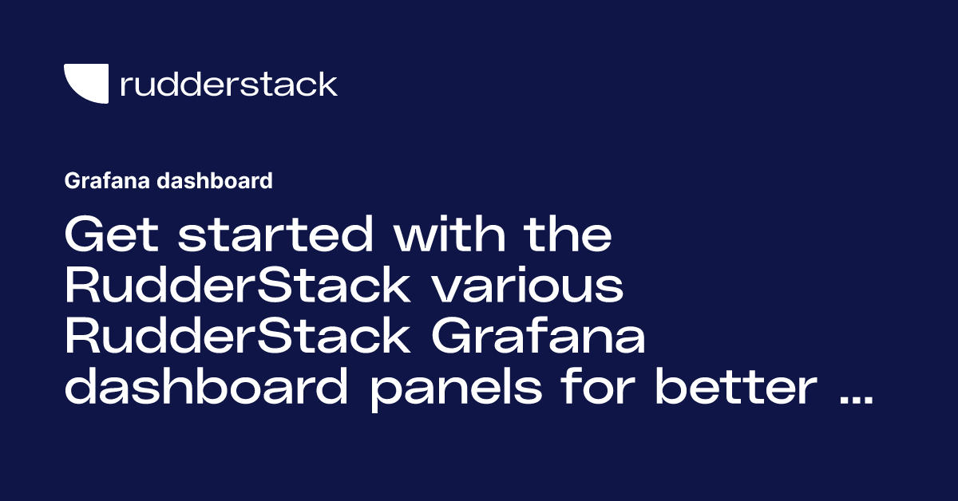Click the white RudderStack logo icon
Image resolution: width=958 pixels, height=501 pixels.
[85, 83]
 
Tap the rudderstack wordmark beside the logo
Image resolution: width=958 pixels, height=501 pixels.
[228, 84]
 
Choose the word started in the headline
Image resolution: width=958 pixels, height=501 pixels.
[271, 235]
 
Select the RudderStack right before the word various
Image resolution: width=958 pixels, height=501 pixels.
[237, 287]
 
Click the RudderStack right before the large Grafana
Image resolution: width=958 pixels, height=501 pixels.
[237, 338]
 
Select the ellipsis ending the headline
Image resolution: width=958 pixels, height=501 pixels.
[856, 402]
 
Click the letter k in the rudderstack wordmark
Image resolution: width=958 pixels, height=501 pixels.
[327, 84]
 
